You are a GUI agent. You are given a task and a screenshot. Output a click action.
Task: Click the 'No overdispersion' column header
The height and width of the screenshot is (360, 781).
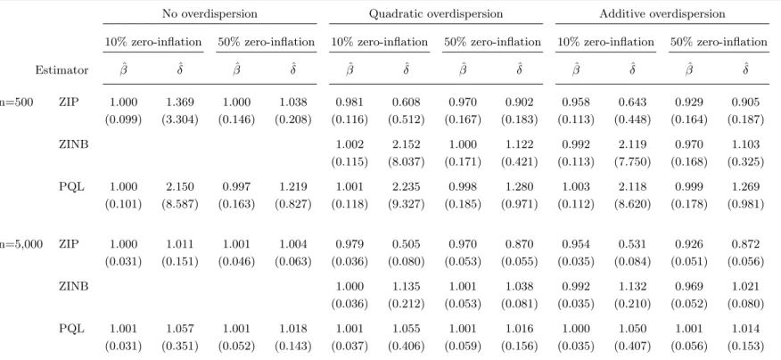210,14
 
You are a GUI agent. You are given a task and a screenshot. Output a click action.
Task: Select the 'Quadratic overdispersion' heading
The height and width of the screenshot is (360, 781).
436,14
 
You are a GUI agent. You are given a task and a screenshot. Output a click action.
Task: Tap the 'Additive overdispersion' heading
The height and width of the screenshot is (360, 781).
662,14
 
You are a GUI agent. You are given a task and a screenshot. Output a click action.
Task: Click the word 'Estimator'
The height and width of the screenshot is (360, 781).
62,70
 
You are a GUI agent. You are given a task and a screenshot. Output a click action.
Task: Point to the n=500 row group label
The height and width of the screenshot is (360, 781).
16,102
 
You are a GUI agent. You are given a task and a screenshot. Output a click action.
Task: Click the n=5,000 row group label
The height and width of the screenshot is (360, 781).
21,244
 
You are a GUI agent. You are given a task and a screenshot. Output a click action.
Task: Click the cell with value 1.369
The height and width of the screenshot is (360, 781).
180,102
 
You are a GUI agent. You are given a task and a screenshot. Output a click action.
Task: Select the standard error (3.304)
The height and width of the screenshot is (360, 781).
180,119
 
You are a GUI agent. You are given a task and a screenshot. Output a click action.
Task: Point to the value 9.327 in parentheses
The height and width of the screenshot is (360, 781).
407,204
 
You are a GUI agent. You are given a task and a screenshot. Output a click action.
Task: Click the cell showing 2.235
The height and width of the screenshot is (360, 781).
407,187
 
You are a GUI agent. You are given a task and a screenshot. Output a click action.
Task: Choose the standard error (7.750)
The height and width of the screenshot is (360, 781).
633,162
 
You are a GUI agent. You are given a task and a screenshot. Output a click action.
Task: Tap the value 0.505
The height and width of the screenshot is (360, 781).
407,244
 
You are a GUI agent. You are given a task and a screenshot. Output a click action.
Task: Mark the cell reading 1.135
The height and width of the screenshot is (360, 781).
407,287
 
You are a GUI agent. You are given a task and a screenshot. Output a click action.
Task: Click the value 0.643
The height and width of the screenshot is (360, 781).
633,102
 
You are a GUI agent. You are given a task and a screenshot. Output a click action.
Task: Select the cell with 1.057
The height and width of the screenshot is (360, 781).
180,329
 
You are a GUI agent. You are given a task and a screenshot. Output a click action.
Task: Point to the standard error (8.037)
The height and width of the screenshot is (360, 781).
407,162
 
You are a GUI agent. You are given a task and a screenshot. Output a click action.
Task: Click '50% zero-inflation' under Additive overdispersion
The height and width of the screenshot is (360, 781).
719,42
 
